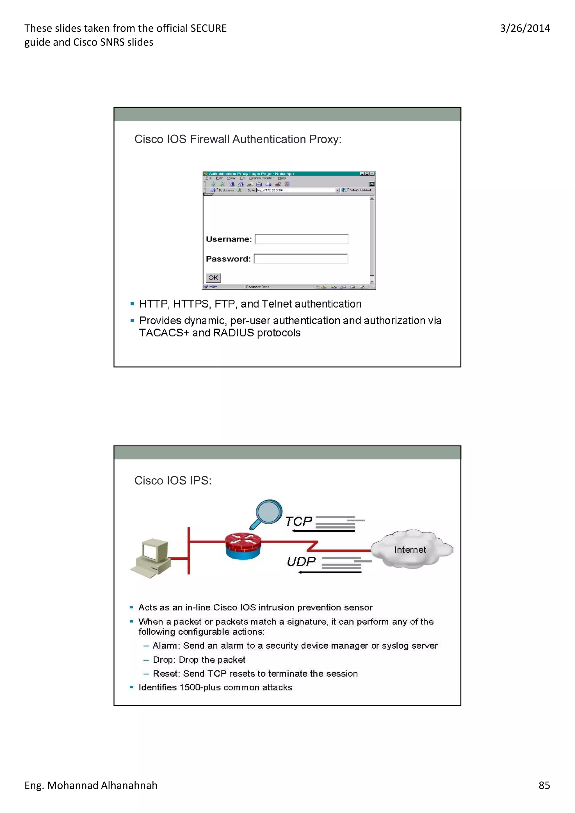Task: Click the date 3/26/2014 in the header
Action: pos(525,28)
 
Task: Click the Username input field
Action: pos(302,239)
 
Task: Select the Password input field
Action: pos(301,259)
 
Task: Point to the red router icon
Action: pos(243,546)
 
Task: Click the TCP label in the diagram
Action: pos(298,522)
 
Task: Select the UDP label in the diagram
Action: pos(301,562)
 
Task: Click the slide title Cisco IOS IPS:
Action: pos(173,481)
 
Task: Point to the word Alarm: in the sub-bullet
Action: pos(166,646)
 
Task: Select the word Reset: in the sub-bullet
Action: pos(166,674)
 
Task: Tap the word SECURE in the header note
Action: pos(208,28)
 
